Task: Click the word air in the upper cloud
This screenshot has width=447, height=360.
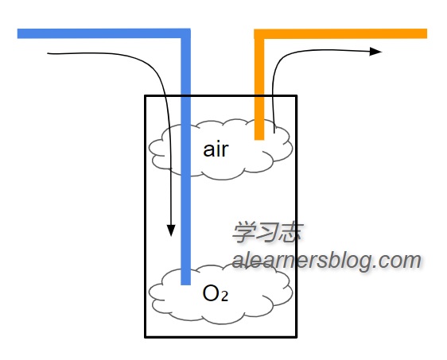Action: pyautogui.click(x=216, y=149)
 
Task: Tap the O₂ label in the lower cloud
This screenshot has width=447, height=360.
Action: pyautogui.click(x=216, y=293)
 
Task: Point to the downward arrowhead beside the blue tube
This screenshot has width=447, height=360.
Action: pyautogui.click(x=171, y=230)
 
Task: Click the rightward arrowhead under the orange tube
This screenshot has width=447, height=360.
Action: pyautogui.click(x=375, y=52)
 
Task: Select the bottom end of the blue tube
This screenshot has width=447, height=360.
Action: pyautogui.click(x=185, y=285)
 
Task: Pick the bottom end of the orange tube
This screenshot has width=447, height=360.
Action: pyautogui.click(x=259, y=139)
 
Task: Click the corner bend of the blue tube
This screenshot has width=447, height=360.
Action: pyautogui.click(x=185, y=33)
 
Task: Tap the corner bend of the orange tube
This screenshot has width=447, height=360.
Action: pyautogui.click(x=259, y=34)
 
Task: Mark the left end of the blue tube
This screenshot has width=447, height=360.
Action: pyautogui.click(x=17, y=33)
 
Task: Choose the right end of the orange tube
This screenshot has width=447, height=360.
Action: pyautogui.click(x=427, y=33)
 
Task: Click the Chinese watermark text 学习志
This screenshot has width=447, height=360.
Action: pyautogui.click(x=267, y=233)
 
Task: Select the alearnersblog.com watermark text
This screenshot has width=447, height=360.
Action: pyautogui.click(x=327, y=261)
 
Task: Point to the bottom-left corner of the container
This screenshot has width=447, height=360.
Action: pyautogui.click(x=146, y=337)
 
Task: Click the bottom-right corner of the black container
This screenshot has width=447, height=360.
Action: pyautogui.click(x=297, y=337)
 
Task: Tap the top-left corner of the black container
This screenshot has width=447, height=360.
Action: pyautogui.click(x=146, y=95)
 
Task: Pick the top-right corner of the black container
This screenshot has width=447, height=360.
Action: pyautogui.click(x=297, y=95)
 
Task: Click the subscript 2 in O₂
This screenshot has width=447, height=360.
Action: pyautogui.click(x=224, y=296)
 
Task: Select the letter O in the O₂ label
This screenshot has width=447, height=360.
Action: pyautogui.click(x=211, y=293)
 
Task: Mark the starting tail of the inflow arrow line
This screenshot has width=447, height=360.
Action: pyautogui.click(x=48, y=53)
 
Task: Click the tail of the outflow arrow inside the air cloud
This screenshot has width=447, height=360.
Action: pyautogui.click(x=274, y=133)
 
